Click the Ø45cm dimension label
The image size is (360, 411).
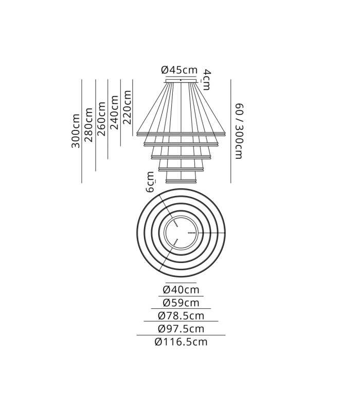pos(179,70)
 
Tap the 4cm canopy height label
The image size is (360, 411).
pos(207,80)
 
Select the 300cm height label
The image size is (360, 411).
pos(76,131)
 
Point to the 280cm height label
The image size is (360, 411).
pos(88,125)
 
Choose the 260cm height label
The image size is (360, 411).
pos(101,119)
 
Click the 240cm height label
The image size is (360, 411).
pos(114,113)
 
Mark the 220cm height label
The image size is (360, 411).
pos(127,107)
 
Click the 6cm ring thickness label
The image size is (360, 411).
pos(150,182)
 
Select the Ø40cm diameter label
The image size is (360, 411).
pos(181,290)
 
